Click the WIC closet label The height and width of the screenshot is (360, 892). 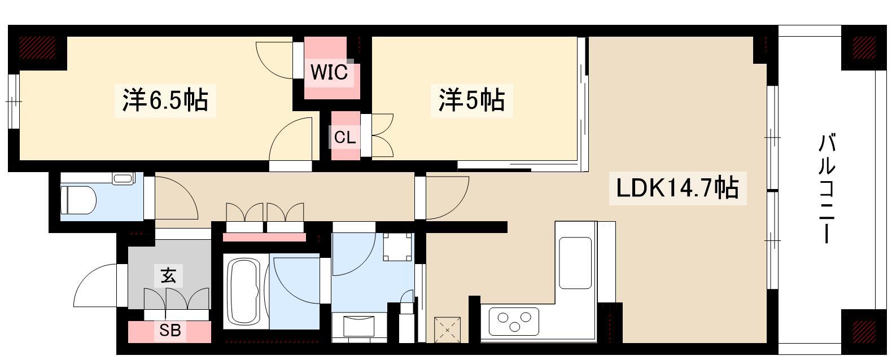329,72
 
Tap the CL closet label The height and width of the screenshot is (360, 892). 345,137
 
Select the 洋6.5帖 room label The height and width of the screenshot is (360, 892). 165,100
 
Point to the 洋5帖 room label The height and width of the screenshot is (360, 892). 471,100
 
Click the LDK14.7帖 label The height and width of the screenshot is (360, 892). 677,188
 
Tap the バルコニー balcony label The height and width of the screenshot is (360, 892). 827,188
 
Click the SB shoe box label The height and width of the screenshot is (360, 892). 170,330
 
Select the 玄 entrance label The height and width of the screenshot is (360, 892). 168,275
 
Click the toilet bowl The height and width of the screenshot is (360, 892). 78,200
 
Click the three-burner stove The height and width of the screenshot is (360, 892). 514,322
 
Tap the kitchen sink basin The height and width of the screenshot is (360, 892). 575,263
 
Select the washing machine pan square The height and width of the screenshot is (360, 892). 397,247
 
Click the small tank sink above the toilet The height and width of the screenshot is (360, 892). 124,178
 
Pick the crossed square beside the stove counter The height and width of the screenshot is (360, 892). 447,330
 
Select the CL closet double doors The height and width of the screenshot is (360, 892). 382,135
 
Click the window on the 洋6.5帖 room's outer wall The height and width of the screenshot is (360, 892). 14,102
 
